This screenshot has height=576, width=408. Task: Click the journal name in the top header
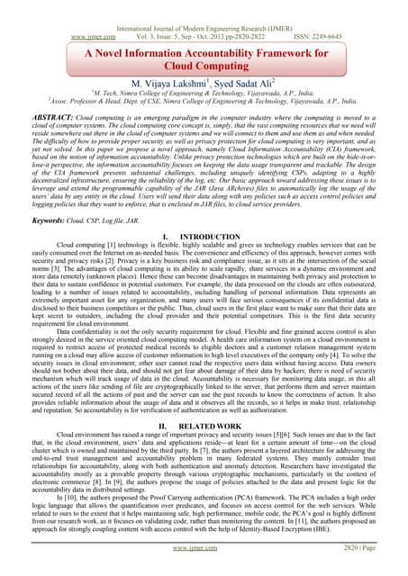204,5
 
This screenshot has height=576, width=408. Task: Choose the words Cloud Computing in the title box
204,50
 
